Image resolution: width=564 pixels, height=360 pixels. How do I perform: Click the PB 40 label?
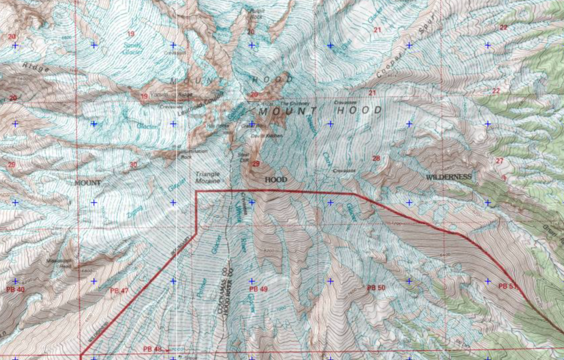click(15, 289)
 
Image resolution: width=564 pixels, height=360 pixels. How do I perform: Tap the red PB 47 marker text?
click(119, 291)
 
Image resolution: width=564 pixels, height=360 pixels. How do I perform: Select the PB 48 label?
click(153, 349)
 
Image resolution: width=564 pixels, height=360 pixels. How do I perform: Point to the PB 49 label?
click(258, 289)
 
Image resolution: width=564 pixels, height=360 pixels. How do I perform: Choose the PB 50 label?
click(376, 287)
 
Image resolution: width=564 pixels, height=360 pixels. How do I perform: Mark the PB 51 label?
click(507, 286)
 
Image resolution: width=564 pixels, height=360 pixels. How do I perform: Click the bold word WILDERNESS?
click(449, 177)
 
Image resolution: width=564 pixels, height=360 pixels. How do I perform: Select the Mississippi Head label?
click(59, 262)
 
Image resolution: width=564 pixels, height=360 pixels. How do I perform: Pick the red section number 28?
click(376, 158)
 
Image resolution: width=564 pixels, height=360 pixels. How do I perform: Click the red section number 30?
click(133, 165)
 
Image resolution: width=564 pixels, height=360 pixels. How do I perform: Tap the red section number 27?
click(499, 161)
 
